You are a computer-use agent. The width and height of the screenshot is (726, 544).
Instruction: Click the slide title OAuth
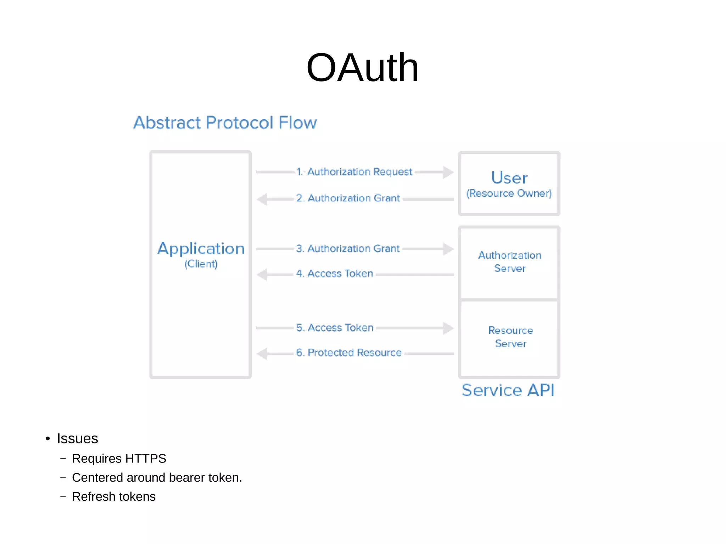pyautogui.click(x=362, y=68)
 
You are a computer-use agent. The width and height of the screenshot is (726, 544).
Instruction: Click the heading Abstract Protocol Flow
pyautogui.click(x=225, y=123)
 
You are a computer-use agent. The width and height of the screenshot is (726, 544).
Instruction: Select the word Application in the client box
pyautogui.click(x=201, y=248)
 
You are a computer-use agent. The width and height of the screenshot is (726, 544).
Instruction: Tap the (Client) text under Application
pyautogui.click(x=201, y=264)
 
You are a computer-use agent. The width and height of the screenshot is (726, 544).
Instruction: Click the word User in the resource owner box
pyautogui.click(x=509, y=178)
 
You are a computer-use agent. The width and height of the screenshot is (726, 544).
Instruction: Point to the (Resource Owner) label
pyautogui.click(x=509, y=194)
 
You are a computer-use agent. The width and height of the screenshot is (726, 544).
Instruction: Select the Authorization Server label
pyautogui.click(x=510, y=262)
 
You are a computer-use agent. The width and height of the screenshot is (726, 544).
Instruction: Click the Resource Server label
pyautogui.click(x=510, y=337)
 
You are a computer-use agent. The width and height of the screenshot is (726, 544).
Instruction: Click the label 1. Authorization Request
pyautogui.click(x=354, y=172)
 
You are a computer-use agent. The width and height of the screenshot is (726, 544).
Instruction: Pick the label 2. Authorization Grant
pyautogui.click(x=348, y=198)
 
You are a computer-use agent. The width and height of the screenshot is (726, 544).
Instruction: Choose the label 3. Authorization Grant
pyautogui.click(x=348, y=249)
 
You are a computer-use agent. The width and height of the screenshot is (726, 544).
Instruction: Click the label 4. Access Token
pyautogui.click(x=335, y=274)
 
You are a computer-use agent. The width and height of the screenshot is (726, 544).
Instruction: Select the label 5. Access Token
pyautogui.click(x=335, y=328)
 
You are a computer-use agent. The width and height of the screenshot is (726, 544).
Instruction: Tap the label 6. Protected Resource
pyautogui.click(x=349, y=353)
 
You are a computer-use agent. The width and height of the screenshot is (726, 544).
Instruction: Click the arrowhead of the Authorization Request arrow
pyautogui.click(x=448, y=172)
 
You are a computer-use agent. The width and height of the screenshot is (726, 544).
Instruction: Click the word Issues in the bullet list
pyautogui.click(x=77, y=439)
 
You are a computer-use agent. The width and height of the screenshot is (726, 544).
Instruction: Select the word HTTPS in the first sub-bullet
pyautogui.click(x=146, y=459)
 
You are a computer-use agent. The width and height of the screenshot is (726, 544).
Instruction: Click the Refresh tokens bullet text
pyautogui.click(x=114, y=497)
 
